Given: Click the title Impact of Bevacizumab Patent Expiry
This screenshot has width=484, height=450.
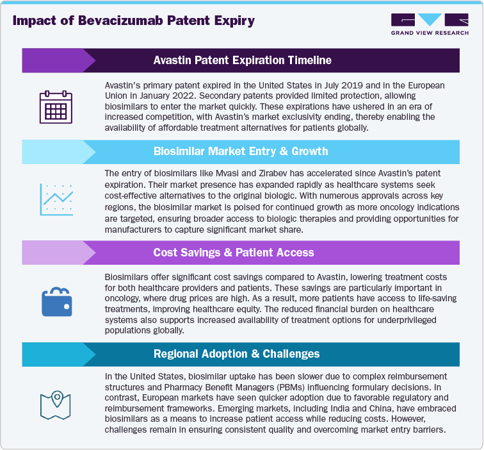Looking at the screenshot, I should coord(134,21).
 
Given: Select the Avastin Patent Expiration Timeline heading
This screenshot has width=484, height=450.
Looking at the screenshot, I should coord(242,61).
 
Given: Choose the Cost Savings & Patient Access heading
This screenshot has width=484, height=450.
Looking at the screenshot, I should coord(242,253).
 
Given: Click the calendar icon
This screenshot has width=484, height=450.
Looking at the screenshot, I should coord(55,107).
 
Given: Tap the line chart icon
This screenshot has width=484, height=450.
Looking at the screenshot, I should coord(55,199).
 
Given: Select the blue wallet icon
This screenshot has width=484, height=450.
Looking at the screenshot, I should coord(55,300).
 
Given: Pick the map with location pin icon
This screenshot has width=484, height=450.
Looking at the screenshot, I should coord(55,401).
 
